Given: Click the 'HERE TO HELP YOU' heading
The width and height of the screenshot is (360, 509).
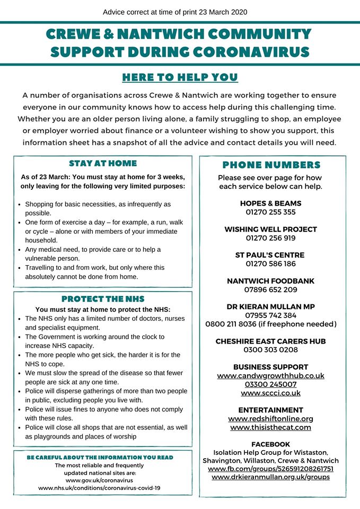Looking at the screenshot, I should (180, 77).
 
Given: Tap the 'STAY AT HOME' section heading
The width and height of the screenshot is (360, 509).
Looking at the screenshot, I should (102, 163).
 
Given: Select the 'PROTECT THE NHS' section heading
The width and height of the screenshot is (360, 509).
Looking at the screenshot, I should (102, 299).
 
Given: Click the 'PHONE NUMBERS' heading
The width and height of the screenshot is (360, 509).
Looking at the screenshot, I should (271, 165).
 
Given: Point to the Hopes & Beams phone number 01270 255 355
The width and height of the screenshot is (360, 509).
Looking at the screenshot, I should (270, 212).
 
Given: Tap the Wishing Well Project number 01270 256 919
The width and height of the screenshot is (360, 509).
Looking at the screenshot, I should (270, 238).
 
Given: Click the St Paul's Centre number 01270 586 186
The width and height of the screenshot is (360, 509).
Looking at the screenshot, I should (270, 264).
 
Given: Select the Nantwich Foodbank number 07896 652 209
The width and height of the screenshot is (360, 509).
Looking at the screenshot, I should (270, 289).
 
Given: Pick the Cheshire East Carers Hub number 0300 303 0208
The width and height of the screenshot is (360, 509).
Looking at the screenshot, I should (270, 350).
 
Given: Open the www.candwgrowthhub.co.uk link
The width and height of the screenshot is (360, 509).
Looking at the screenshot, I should (270, 375).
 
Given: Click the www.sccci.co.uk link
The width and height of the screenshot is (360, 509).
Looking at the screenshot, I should (270, 393).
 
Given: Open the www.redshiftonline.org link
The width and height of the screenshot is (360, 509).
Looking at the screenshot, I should (270, 419).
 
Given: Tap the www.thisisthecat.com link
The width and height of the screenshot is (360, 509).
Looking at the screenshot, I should (270, 427).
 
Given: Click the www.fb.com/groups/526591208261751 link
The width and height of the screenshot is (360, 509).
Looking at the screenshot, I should (270, 469).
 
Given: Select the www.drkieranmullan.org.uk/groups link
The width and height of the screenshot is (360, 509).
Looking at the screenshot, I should (270, 477).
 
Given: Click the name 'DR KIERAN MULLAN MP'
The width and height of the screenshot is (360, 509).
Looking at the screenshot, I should (270, 306).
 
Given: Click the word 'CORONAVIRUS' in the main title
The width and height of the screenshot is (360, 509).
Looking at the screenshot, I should (247, 52).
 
